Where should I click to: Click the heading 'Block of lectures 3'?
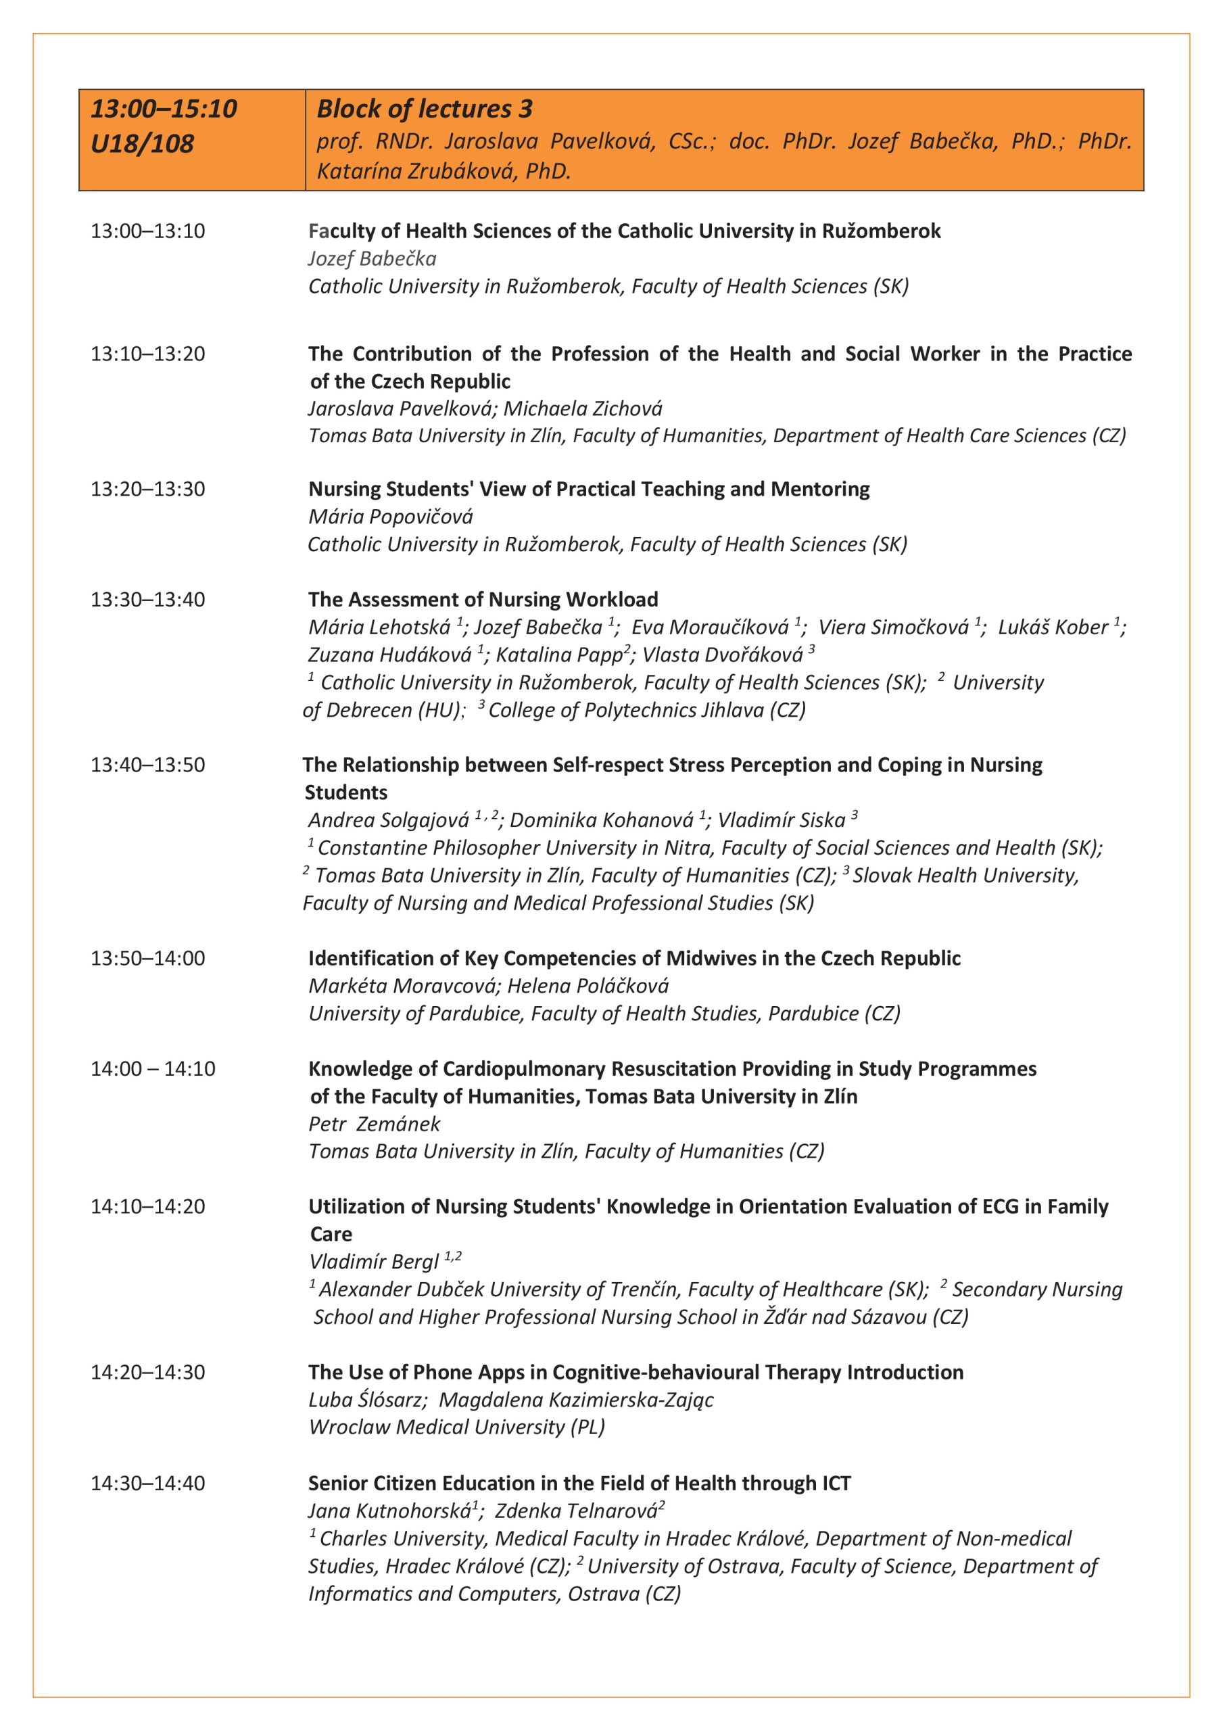[425, 110]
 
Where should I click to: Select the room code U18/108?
[142, 143]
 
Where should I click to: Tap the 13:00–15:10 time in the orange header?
[164, 110]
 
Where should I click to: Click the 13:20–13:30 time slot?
[148, 490]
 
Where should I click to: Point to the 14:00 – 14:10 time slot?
[153, 1068]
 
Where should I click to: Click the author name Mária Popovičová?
[391, 517]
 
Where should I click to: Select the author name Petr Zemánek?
[374, 1123]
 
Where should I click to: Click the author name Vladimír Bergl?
[374, 1261]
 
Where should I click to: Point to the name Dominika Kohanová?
[602, 820]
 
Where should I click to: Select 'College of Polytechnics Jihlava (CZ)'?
[647, 710]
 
